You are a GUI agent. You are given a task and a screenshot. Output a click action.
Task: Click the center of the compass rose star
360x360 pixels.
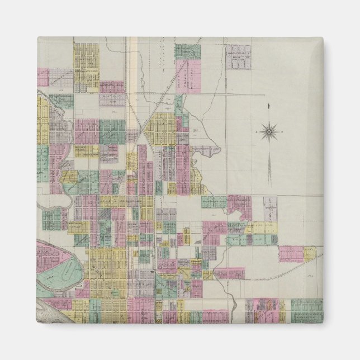[x=268, y=132]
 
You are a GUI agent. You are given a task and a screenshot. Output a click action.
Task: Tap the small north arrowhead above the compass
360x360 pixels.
[x=268, y=106]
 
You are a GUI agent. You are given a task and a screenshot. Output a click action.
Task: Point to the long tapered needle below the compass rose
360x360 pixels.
[x=268, y=168]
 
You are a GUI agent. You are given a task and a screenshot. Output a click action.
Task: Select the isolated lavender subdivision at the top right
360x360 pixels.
[x=238, y=57]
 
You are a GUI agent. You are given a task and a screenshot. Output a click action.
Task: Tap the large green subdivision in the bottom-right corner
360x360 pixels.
[x=307, y=310]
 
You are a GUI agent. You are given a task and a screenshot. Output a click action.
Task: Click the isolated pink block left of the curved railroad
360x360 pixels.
[x=291, y=253]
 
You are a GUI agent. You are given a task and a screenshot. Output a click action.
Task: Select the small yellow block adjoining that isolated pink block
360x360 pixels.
[x=310, y=253]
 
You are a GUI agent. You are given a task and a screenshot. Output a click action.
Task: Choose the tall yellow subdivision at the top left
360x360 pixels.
[x=87, y=67]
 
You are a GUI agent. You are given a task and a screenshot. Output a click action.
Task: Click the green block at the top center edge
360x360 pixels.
[x=187, y=51]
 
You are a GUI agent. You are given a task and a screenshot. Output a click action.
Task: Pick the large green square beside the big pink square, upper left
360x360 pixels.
[x=112, y=132]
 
